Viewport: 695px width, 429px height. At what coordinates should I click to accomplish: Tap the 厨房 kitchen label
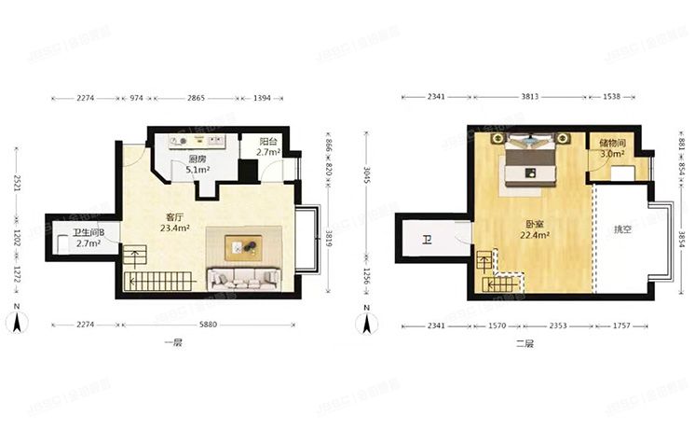(198, 159)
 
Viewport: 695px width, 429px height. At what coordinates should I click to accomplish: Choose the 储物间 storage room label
(612, 144)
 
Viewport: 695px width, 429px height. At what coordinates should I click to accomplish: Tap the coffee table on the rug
(244, 246)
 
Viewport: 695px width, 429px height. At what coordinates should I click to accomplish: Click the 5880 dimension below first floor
(215, 325)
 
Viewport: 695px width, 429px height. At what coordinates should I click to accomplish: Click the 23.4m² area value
(175, 227)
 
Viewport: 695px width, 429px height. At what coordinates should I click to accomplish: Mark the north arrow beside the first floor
(16, 321)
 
